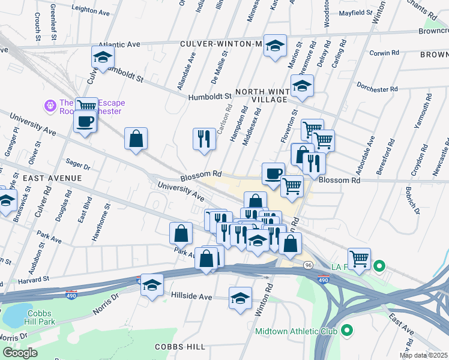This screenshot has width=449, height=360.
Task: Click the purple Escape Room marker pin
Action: coord(50,106)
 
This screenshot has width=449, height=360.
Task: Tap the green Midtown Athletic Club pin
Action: coord(347,331)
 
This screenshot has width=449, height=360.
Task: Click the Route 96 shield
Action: coord(309,265)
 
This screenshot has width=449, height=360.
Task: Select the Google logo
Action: coord(20,353)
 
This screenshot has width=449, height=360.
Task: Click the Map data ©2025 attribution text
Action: coord(423,355)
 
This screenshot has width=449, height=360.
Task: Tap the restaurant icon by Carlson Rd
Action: coord(204,139)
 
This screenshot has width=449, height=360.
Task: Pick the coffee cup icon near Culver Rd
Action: coord(85,121)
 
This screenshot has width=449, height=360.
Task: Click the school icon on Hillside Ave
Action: coord(240,298)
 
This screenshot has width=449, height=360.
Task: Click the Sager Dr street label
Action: coord(77,164)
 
